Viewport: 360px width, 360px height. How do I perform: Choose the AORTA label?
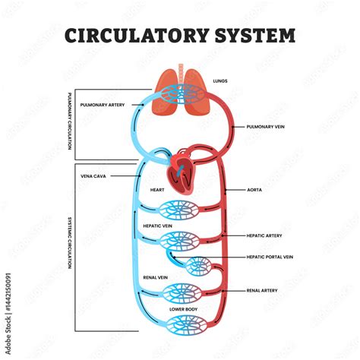coord(254,189)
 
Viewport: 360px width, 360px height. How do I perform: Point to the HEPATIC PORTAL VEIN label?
coord(270,258)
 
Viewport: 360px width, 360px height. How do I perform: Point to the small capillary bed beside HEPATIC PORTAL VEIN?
coord(201,266)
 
